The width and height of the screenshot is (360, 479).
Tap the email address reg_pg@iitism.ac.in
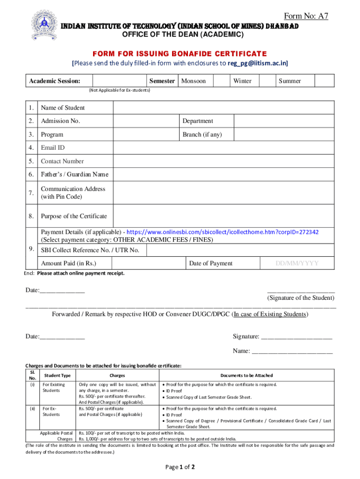coord(258,63)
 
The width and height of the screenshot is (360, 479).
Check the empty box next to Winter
coord(266,81)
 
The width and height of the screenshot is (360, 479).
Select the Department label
coord(198,121)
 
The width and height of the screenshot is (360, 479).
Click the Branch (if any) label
coord(202,135)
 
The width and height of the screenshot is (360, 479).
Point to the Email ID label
coord(53,148)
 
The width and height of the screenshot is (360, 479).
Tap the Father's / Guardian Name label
coord(74,174)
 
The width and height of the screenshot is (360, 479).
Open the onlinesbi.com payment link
coord(223,232)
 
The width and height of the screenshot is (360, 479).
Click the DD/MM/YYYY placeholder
coord(297,263)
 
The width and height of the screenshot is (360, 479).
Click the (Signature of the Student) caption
coord(301,298)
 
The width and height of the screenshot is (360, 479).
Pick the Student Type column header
coord(58,375)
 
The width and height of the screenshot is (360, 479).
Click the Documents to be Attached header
coord(246,375)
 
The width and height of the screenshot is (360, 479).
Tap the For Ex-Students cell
coord(51,411)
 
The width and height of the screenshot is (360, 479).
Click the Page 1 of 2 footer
coord(180,467)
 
